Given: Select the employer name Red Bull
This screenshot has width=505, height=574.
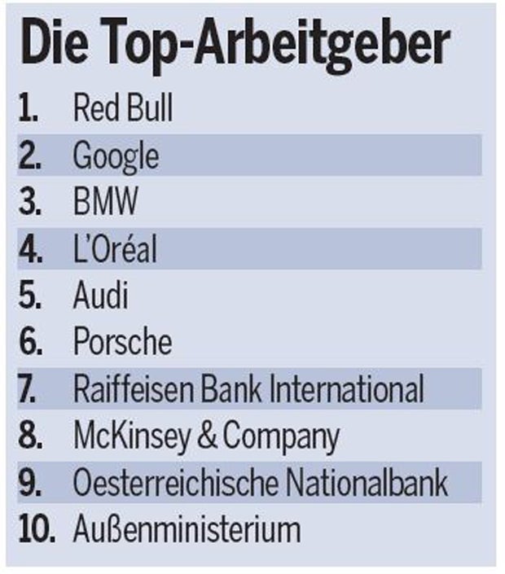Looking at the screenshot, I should click(x=122, y=108).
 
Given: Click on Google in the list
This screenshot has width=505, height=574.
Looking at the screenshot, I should click(x=116, y=156).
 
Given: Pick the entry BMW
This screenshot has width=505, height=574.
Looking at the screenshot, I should click(x=105, y=202).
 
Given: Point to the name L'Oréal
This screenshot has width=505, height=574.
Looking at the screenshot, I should click(x=114, y=249).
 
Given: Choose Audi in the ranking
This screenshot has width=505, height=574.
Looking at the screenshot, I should click(x=101, y=296).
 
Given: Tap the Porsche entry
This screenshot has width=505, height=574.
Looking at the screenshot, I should click(x=122, y=342).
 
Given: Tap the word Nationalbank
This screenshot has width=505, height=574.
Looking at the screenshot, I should click(x=366, y=483).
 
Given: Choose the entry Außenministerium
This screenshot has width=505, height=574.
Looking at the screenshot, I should click(x=187, y=529).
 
